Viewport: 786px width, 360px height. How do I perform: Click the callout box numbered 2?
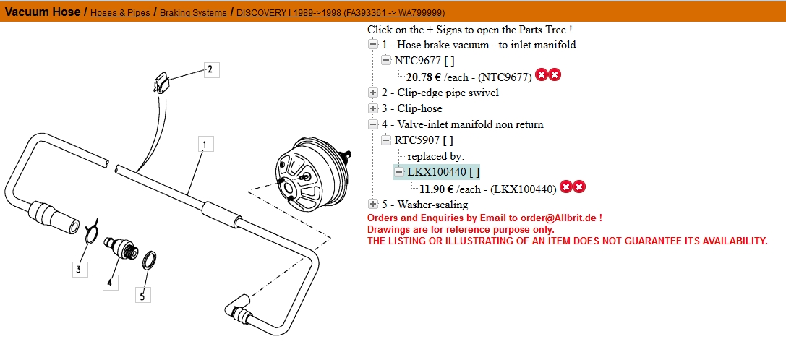click(210, 69)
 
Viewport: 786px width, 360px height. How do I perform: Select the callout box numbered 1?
click(205, 145)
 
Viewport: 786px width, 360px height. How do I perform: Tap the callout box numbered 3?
click(80, 269)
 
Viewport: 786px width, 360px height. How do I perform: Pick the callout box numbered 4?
click(111, 282)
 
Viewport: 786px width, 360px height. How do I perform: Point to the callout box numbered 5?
click(143, 296)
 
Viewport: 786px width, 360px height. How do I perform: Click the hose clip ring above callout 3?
click(90, 231)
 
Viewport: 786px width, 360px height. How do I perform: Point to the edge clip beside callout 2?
click(161, 82)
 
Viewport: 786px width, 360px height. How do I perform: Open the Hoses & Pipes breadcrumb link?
click(120, 12)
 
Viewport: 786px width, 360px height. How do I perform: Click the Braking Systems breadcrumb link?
click(193, 12)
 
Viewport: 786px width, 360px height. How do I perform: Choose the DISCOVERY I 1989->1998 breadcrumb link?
click(341, 12)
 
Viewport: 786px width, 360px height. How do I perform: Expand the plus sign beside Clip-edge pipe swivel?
click(373, 93)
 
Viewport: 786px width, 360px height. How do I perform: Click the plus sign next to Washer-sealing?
click(373, 204)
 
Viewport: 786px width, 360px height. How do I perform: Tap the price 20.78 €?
click(423, 77)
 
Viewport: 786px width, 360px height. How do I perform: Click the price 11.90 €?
click(437, 189)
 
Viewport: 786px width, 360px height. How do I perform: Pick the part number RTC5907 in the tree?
click(418, 140)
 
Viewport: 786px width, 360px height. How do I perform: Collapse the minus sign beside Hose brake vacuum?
click(373, 45)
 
